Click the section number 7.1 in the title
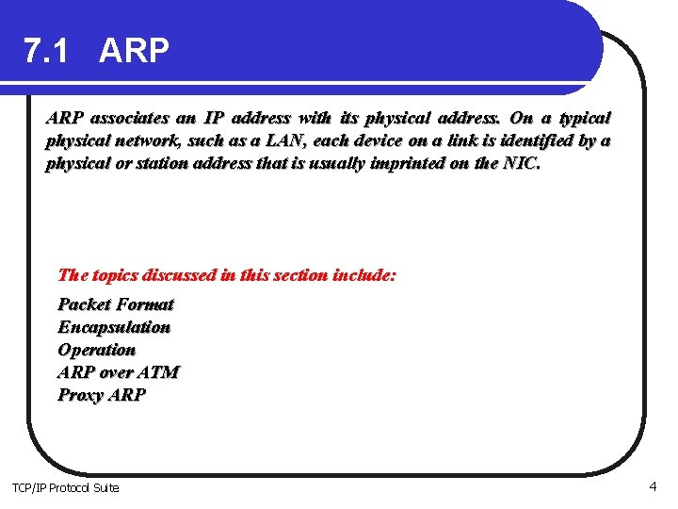point(46,52)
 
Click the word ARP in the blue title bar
point(134,52)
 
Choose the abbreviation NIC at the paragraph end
point(523,164)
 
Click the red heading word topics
point(115,276)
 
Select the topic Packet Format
point(116,304)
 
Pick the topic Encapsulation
point(114,327)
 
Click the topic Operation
point(96,350)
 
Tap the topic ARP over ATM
point(118,372)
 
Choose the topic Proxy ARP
point(102,395)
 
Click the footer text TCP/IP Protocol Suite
point(65,487)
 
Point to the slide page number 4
point(652,486)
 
